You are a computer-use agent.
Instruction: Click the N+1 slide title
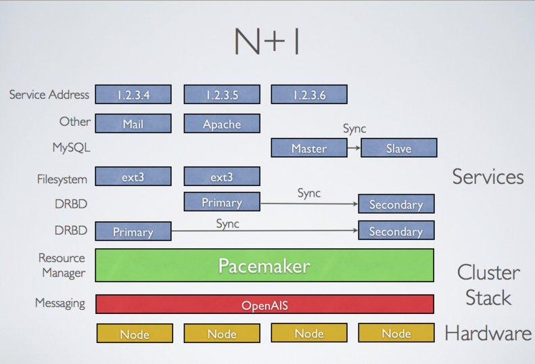(266, 42)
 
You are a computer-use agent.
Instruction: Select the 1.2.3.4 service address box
(133, 95)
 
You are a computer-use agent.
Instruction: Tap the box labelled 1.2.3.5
(222, 95)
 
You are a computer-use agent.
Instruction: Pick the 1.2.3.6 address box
(309, 95)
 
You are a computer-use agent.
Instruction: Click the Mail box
(133, 124)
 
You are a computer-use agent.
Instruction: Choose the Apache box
(222, 124)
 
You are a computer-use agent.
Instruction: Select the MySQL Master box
(309, 148)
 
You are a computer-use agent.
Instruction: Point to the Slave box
(398, 148)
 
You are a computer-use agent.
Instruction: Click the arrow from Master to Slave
(354, 147)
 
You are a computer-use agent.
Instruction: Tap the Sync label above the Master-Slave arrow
(354, 129)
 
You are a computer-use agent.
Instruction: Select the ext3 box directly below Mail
(133, 177)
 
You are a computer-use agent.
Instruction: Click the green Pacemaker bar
(264, 265)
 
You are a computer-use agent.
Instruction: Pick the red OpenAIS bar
(264, 305)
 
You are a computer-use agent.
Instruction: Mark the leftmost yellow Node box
(135, 334)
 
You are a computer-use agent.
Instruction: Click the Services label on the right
(488, 177)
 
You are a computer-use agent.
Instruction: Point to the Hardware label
(488, 333)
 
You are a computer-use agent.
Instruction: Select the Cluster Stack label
(488, 285)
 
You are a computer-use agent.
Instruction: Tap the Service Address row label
(49, 95)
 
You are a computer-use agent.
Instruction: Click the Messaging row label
(60, 303)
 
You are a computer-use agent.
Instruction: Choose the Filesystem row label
(62, 179)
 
